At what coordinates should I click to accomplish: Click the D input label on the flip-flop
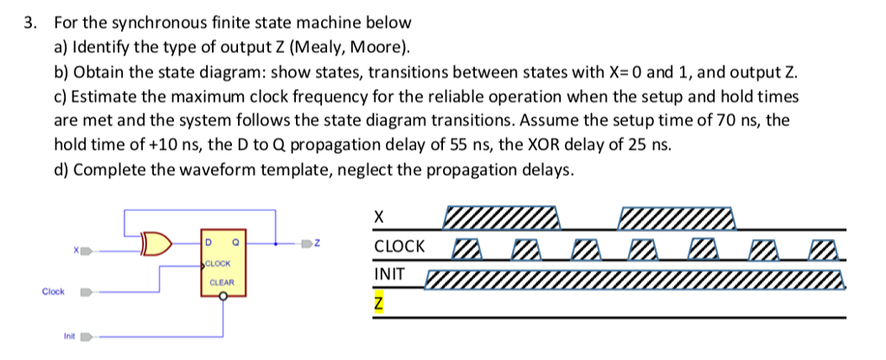tap(209, 233)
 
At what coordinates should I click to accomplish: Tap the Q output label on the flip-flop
tap(235, 233)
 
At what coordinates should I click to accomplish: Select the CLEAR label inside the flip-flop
tap(221, 282)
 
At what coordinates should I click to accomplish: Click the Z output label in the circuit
tap(318, 244)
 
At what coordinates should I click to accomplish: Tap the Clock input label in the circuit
tap(53, 292)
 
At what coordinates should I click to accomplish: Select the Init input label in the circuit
tap(68, 334)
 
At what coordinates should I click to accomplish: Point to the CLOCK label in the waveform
tap(399, 247)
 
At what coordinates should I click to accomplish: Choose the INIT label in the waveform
tap(388, 275)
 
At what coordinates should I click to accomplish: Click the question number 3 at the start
tap(29, 22)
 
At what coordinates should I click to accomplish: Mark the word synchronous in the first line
tap(156, 22)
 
